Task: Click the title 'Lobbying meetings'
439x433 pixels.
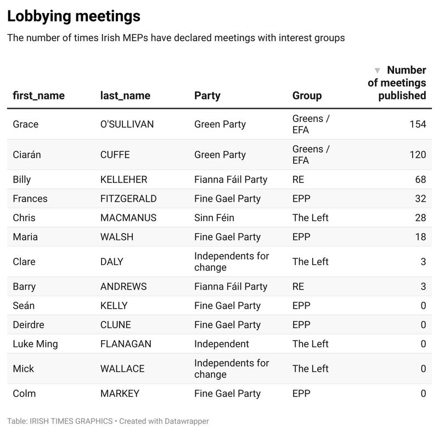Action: coord(74,16)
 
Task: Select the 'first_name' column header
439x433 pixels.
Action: coord(38,96)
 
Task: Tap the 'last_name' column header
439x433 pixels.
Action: coord(125,96)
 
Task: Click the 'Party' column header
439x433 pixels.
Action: coord(207,96)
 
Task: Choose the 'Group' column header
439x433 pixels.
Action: coord(307,96)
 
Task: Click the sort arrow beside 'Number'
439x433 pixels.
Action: coord(377,70)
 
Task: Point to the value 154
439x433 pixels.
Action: coord(418,124)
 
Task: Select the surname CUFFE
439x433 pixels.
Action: coord(115,154)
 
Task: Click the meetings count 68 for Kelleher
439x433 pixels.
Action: coord(420,180)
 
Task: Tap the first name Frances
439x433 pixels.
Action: coord(30,198)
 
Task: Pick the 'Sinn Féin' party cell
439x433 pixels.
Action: coord(214,218)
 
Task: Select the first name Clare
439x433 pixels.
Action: coord(24,262)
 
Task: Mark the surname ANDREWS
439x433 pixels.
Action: coord(123,286)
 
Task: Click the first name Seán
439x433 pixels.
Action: coord(24,306)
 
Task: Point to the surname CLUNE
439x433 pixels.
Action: coord(115,325)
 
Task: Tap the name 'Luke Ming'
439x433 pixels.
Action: coord(35,344)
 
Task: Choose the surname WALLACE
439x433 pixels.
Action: coord(122,369)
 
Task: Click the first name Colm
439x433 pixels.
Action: coord(24,393)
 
